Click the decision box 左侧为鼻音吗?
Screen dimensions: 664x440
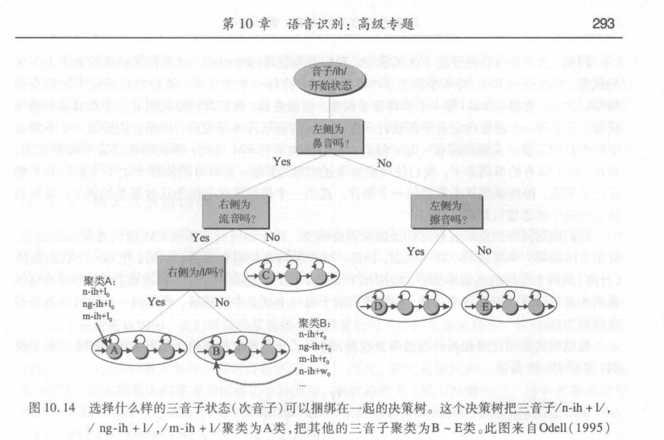(330, 135)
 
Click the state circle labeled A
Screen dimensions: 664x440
(115, 351)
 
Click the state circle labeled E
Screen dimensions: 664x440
(480, 305)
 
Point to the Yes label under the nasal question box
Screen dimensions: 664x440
(282, 161)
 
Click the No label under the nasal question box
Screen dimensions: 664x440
(385, 162)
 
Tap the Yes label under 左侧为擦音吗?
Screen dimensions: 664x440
(415, 251)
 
